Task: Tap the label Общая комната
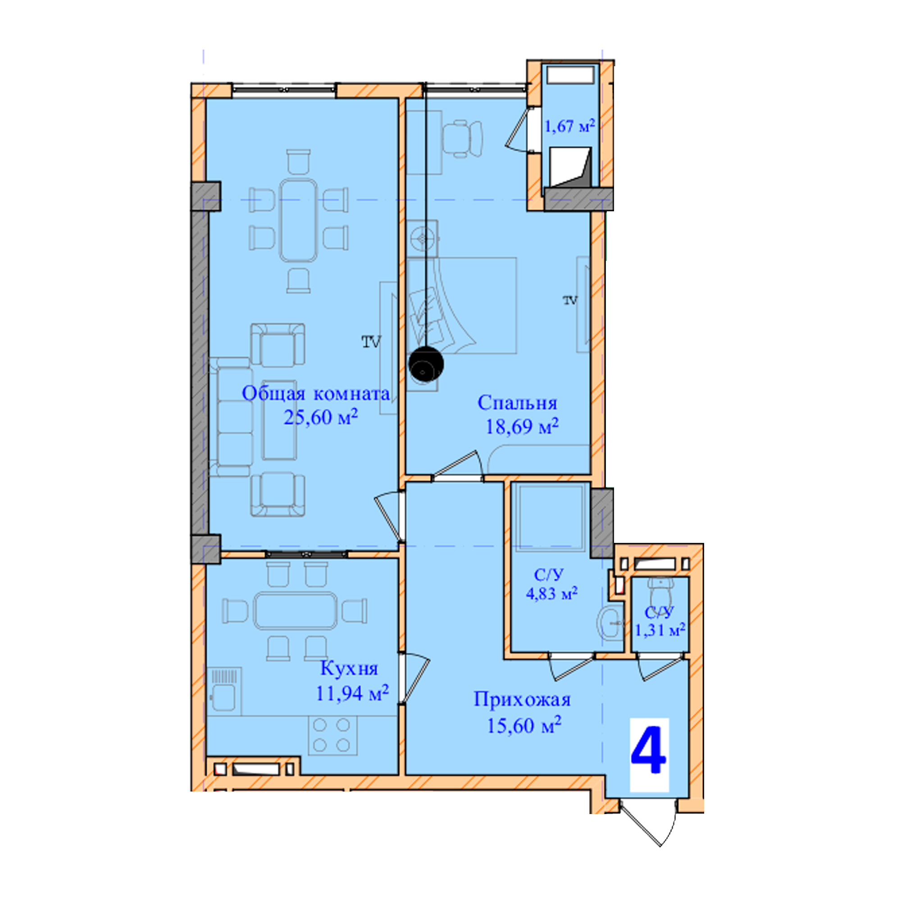click(x=316, y=394)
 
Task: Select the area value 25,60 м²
click(x=321, y=417)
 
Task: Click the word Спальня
click(x=517, y=403)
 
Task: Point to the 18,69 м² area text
click(x=522, y=426)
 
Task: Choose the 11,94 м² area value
click(x=353, y=693)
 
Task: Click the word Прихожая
click(x=522, y=700)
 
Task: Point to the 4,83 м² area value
click(x=552, y=594)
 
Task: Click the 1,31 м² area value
click(x=660, y=630)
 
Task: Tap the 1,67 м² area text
click(x=570, y=126)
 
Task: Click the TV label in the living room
click(x=371, y=342)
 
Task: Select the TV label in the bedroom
click(x=570, y=300)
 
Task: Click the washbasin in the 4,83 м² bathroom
click(x=610, y=623)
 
